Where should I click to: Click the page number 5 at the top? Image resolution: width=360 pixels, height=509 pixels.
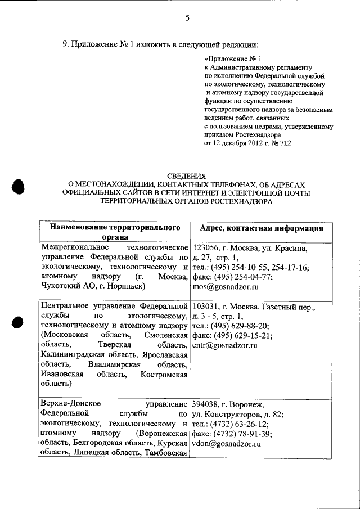187,18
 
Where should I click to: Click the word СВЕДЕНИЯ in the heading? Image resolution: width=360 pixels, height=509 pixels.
187,175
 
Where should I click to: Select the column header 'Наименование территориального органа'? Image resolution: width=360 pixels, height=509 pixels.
115,233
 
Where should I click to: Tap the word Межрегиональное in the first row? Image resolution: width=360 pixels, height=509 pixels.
71,247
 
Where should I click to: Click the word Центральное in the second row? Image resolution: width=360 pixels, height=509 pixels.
66,307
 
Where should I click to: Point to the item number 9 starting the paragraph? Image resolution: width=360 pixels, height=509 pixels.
65,43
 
